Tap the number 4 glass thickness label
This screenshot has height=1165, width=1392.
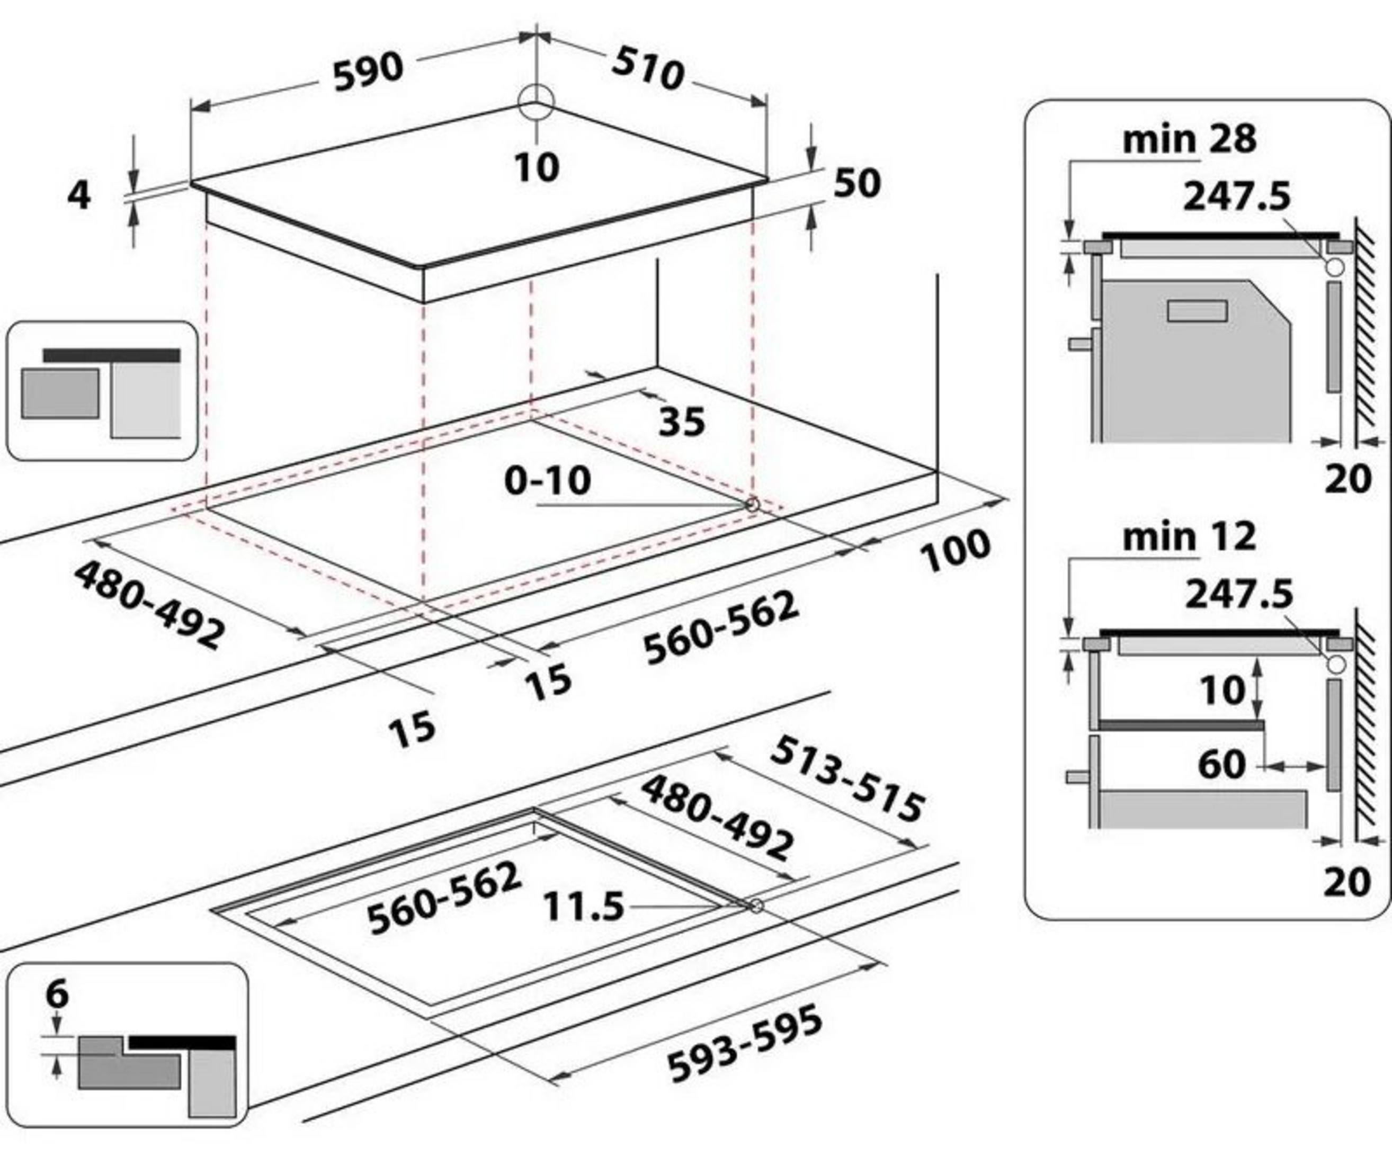(x=79, y=195)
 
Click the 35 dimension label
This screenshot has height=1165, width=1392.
(x=682, y=422)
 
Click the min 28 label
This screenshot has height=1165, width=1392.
(x=1189, y=139)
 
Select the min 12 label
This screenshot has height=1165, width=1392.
(x=1189, y=537)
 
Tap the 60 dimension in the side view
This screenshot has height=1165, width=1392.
(x=1221, y=765)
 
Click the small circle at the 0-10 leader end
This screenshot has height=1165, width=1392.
(x=752, y=505)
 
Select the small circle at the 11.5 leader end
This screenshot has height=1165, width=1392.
(x=756, y=906)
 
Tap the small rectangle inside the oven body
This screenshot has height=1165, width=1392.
(x=1197, y=311)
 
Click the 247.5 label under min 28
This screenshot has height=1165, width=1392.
(x=1237, y=197)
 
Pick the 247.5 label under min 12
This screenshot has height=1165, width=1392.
(x=1238, y=594)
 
